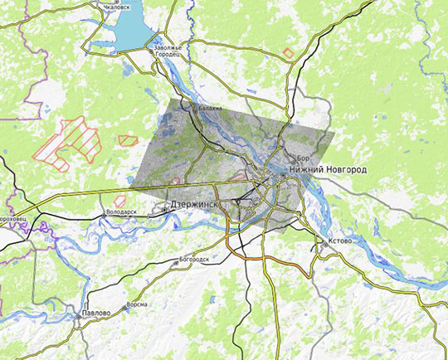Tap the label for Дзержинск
(192, 203)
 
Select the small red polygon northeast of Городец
(288, 53)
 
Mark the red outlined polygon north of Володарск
(119, 200)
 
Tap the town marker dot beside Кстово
(322, 243)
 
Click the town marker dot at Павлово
(84, 320)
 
